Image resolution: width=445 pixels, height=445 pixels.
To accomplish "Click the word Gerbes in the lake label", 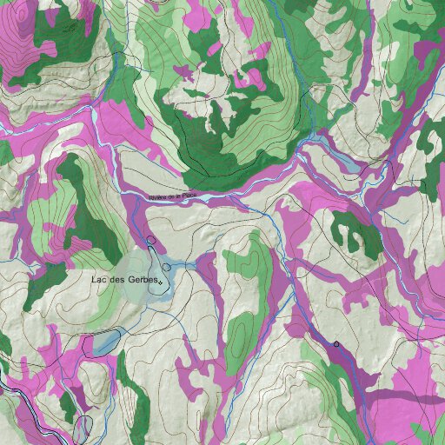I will pos(143,280).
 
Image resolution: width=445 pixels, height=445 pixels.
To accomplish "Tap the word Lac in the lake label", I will pos(99,280).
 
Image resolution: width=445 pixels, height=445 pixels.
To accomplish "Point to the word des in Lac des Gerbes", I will pos(116,280).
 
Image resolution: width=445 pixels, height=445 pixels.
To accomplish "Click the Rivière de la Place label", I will pos(179,197).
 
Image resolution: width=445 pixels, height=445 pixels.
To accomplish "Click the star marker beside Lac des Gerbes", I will pos(161,282).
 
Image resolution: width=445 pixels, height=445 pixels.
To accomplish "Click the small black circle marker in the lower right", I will pos(336,344).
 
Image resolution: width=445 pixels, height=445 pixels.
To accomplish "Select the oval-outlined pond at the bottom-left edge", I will pos(82,428).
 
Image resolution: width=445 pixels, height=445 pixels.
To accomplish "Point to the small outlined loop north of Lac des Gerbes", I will pos(151,239).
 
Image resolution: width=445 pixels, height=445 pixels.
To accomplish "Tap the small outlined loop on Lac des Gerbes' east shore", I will pos(166,267).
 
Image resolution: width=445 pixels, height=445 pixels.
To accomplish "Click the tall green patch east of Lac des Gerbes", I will pos(247,296).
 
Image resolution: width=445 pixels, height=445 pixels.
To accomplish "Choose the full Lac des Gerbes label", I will pos(124,280).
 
